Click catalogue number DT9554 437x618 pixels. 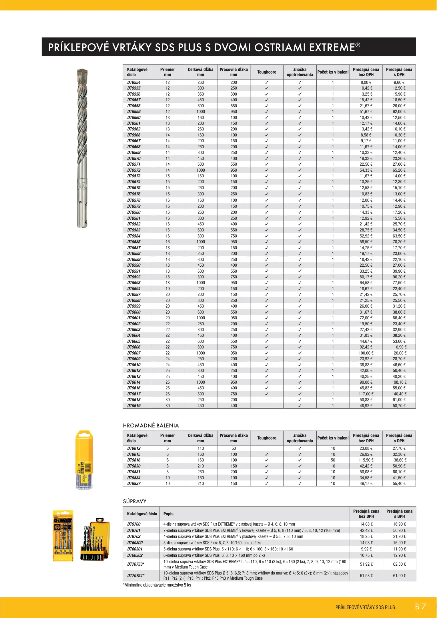tap(134, 82)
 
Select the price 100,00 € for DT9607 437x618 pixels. tap(366, 353)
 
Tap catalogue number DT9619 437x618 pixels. tap(134, 406)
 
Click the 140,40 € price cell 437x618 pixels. tap(399, 394)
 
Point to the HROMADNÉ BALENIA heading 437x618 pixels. tap(151, 425)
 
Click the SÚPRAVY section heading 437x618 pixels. tap(135, 501)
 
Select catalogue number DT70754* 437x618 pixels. tap(136, 575)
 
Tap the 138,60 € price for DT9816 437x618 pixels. tap(399, 460)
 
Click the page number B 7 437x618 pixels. tap(420, 607)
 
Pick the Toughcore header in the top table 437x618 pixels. tap(267, 72)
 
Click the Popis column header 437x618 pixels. tap(168, 514)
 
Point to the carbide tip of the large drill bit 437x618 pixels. tap(82, 72)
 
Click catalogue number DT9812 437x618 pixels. tap(134, 448)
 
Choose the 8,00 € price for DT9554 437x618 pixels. tap(366, 82)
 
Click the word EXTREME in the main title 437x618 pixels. tap(332, 47)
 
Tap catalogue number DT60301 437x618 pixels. tap(135, 549)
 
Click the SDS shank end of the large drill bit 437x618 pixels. tap(82, 213)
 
